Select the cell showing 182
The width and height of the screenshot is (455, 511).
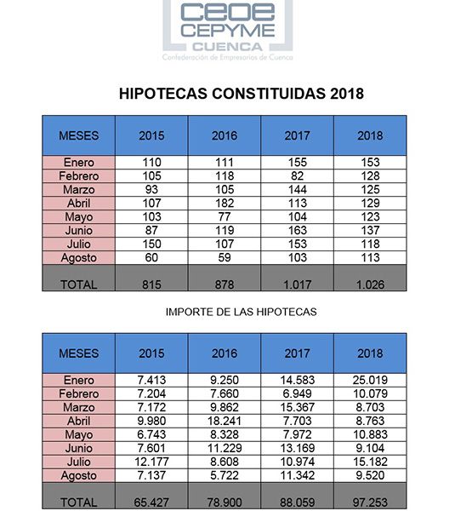pyautogui.click(x=224, y=203)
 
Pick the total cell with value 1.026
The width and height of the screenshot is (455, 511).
pyautogui.click(x=370, y=284)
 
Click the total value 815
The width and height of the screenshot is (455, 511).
pyautogui.click(x=151, y=284)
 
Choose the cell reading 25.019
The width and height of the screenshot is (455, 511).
pyautogui.click(x=370, y=380)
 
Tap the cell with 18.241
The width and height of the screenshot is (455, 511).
pyautogui.click(x=224, y=421)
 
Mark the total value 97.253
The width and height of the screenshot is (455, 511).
pyautogui.click(x=370, y=502)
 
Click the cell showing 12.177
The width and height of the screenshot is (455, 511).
pyautogui.click(x=151, y=462)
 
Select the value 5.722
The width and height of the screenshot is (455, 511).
pyautogui.click(x=224, y=475)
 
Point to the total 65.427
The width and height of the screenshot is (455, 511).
pyautogui.click(x=151, y=502)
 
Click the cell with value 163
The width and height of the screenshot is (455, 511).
pyautogui.click(x=297, y=230)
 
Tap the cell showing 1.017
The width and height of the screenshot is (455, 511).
pyautogui.click(x=297, y=284)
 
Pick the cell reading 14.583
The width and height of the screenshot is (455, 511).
pyautogui.click(x=297, y=380)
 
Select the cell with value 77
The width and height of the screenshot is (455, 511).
pyautogui.click(x=224, y=216)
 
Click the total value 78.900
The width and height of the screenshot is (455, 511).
pyautogui.click(x=224, y=502)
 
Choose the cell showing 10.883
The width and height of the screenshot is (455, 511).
pyautogui.click(x=370, y=434)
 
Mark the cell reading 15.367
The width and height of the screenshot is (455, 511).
pyautogui.click(x=297, y=407)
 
